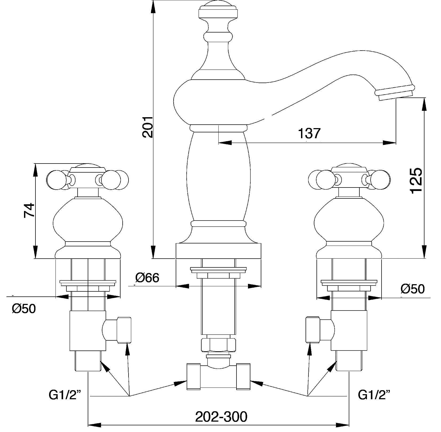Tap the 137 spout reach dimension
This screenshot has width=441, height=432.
309,133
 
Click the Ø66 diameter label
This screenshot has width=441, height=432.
147,278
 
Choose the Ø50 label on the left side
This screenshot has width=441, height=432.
24,309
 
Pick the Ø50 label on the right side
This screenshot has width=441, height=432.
412,289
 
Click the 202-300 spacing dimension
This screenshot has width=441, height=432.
221,417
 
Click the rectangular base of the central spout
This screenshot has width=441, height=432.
218,251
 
